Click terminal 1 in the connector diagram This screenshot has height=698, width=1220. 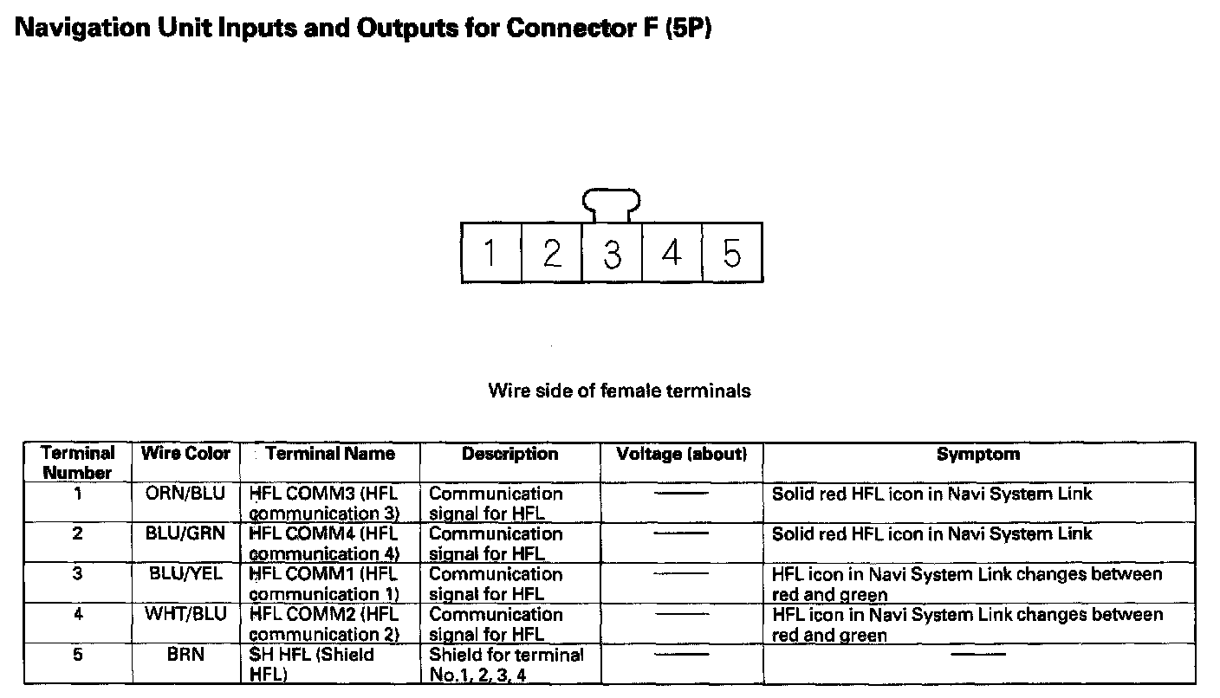click(x=490, y=253)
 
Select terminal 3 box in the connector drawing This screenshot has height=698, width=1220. click(x=612, y=253)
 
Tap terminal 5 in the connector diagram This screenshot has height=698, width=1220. click(x=732, y=253)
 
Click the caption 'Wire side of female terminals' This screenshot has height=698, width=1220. click(x=620, y=391)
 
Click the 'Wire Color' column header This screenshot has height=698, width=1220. click(x=186, y=454)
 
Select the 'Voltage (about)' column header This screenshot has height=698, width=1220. click(x=681, y=454)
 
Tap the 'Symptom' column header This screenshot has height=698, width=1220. click(x=978, y=454)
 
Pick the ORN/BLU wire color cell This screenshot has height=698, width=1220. click(x=185, y=494)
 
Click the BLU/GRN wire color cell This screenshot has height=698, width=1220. click(x=185, y=533)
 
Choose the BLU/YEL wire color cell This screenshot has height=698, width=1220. click(x=185, y=573)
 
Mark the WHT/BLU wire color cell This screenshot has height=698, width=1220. click(x=185, y=614)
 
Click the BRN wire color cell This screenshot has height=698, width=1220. click(x=185, y=655)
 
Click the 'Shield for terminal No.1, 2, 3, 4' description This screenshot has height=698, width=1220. click(x=506, y=664)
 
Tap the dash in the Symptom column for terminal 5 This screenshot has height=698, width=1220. click(x=978, y=655)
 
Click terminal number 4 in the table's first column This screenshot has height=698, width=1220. click(x=78, y=614)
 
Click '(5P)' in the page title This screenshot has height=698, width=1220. click(x=688, y=29)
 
